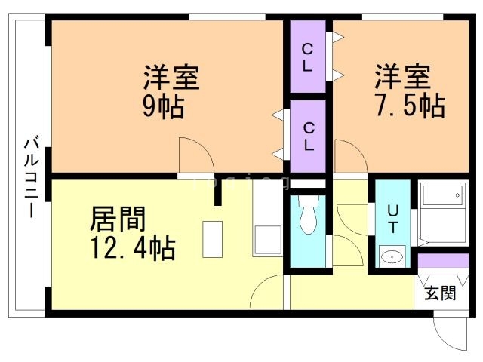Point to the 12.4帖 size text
coord(132,247)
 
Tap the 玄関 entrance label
coord(439,293)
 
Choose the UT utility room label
coord(392,218)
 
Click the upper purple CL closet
coord(308,57)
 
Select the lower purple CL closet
coord(308,136)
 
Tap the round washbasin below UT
coord(392,257)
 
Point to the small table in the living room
coord(214,240)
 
